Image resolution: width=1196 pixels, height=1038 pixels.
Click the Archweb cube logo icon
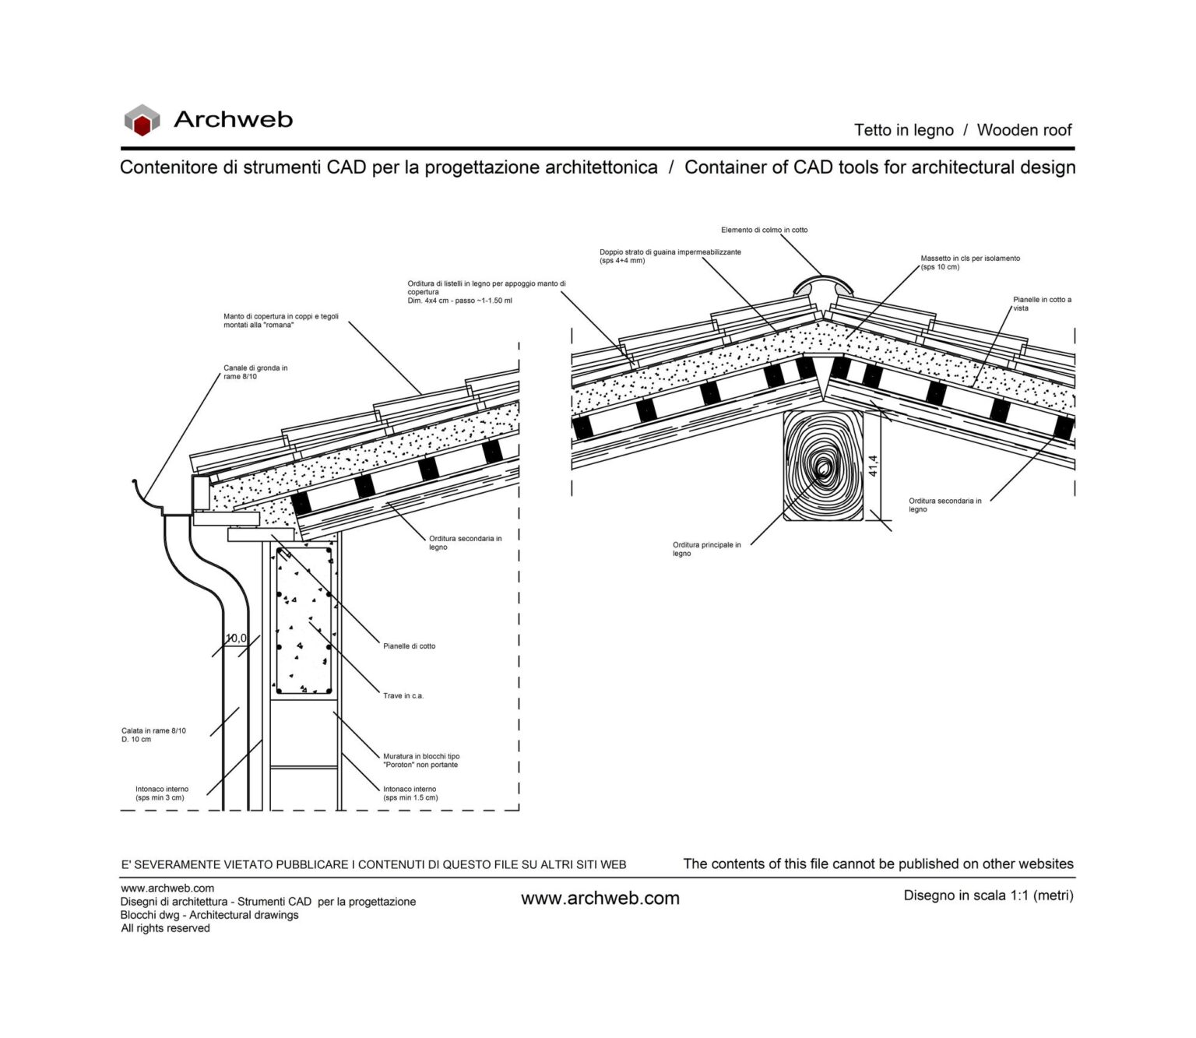142,120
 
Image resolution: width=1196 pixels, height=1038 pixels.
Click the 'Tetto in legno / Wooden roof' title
962,130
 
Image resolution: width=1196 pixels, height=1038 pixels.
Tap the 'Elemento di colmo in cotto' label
764,230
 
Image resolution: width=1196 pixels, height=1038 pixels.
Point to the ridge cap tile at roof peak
822,283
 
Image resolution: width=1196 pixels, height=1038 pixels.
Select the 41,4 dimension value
874,466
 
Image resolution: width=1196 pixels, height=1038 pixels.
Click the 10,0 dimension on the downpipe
236,639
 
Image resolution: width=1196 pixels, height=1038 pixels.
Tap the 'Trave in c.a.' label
403,696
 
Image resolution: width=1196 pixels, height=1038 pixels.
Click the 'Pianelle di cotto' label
409,646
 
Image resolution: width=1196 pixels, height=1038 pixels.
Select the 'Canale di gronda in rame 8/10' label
255,372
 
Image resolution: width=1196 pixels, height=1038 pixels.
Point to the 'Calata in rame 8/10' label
153,735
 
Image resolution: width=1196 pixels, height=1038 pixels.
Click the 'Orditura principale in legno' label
706,549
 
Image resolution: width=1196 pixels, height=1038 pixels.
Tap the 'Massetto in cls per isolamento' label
969,262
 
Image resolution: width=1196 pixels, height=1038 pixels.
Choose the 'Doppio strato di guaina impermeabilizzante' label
670,256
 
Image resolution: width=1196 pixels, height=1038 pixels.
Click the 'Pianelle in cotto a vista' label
1041,304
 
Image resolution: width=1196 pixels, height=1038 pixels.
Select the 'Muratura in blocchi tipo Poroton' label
420,760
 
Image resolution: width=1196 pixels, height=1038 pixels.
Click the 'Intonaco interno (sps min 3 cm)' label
162,793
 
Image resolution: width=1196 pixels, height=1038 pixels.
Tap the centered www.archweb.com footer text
600,899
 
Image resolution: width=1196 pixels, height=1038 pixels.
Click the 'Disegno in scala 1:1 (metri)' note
988,895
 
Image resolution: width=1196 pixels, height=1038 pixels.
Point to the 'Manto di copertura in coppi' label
280,321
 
